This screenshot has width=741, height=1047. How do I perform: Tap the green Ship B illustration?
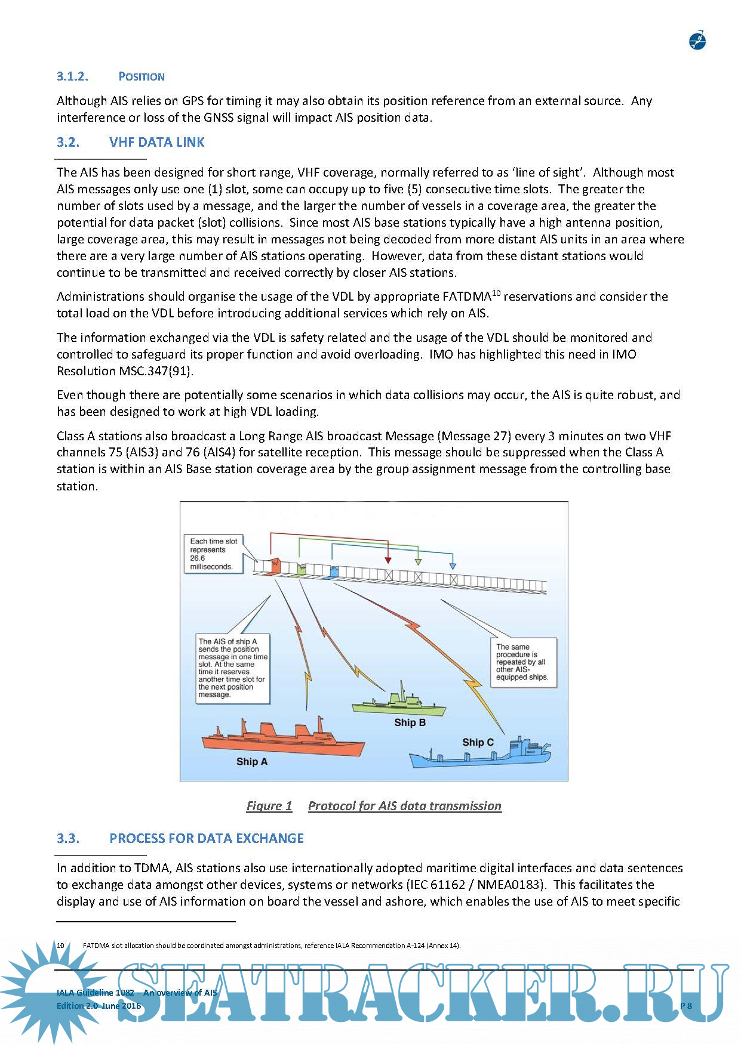click(x=399, y=705)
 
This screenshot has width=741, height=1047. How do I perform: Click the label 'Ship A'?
click(x=251, y=761)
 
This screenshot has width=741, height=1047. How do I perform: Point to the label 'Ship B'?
click(x=410, y=722)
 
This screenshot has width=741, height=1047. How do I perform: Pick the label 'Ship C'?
click(x=478, y=742)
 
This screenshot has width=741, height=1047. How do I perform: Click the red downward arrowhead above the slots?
click(x=388, y=560)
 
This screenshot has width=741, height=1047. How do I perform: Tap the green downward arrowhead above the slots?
click(x=418, y=561)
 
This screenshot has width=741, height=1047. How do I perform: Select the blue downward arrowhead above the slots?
click(x=453, y=564)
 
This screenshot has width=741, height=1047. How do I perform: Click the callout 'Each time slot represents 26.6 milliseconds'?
click(x=214, y=554)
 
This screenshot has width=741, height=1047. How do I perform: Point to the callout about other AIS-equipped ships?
click(x=523, y=662)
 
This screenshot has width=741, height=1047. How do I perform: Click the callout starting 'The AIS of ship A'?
click(x=232, y=668)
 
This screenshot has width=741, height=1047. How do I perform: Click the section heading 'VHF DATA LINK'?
click(x=156, y=142)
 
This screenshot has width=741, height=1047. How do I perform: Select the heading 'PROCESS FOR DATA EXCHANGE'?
click(x=206, y=838)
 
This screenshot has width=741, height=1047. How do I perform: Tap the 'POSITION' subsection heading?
click(x=142, y=76)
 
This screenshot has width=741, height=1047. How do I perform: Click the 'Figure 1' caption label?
click(x=269, y=806)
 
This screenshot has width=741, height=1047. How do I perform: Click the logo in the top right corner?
click(x=697, y=41)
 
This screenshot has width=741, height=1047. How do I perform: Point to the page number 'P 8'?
click(x=686, y=1006)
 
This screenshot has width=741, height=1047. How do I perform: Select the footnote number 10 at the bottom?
click(x=60, y=946)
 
